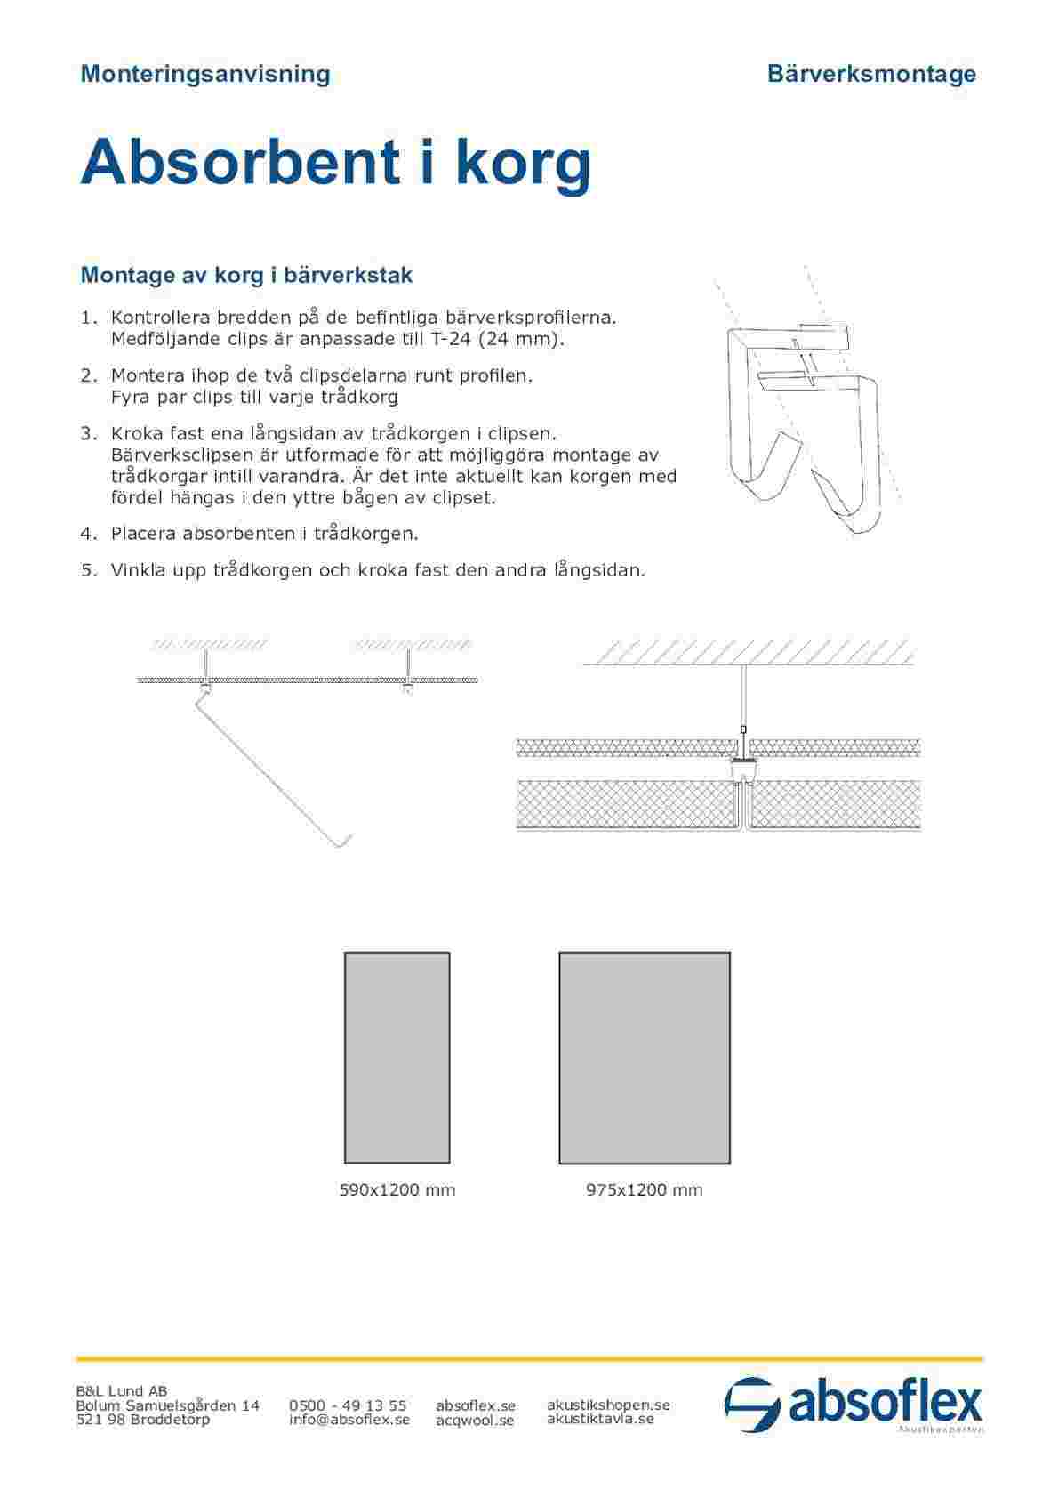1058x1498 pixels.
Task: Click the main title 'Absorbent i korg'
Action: [335, 163]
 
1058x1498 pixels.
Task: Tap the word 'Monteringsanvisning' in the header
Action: [205, 74]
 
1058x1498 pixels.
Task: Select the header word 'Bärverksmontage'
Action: [870, 74]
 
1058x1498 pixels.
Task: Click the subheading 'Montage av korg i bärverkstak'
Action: [246, 275]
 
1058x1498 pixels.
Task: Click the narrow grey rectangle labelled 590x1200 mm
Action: [397, 1058]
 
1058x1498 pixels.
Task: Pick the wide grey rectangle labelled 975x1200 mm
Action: [645, 1058]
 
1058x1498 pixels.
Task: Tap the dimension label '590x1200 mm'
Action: [397, 1190]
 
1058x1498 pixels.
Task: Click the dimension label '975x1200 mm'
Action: [645, 1190]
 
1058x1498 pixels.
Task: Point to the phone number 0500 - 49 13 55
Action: [348, 1405]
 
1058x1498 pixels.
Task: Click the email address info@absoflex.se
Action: [349, 1420]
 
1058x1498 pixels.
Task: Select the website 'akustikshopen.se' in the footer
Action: [608, 1405]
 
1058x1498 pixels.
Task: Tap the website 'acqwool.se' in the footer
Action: [475, 1421]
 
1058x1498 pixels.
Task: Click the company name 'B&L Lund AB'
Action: [121, 1391]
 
